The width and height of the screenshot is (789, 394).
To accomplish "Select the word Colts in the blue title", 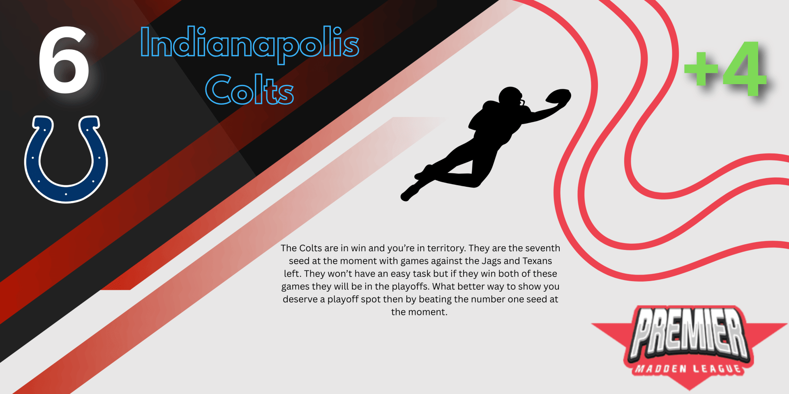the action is coord(249,89).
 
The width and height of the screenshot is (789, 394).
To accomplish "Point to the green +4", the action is coord(726,68).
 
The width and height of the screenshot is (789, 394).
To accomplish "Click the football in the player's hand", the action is coord(558,96).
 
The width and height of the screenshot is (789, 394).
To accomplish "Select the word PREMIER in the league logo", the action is coord(690,332).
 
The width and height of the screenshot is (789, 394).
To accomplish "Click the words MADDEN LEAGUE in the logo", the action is coord(689,369).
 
